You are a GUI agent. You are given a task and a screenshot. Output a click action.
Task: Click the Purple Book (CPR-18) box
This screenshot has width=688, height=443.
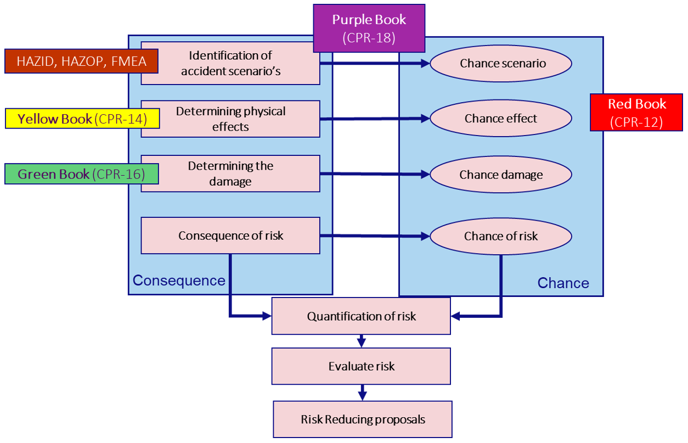pyautogui.click(x=369, y=29)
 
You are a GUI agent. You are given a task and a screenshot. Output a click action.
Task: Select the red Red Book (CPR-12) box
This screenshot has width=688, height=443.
pyautogui.click(x=636, y=113)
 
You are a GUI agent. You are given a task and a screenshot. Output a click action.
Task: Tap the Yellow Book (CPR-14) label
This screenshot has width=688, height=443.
pyautogui.click(x=82, y=119)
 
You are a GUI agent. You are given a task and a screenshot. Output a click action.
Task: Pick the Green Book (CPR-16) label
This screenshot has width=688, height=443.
pyautogui.click(x=81, y=174)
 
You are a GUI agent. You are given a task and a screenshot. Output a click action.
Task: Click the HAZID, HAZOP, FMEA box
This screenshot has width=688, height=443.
pyautogui.click(x=81, y=61)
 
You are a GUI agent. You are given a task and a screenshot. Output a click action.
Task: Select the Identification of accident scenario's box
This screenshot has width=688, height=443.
pyautogui.click(x=230, y=63)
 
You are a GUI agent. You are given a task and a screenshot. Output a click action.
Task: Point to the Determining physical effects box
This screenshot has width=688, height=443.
pyautogui.click(x=230, y=119)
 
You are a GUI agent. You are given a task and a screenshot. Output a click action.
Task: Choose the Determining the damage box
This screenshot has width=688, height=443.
pyautogui.click(x=230, y=173)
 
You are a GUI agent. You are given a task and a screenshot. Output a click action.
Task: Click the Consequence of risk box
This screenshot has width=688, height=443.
pyautogui.click(x=230, y=235)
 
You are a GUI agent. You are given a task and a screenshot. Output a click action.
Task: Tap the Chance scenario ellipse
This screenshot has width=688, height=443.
pyautogui.click(x=501, y=63)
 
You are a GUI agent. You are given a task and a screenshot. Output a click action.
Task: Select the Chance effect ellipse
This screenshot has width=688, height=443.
pyautogui.click(x=501, y=118)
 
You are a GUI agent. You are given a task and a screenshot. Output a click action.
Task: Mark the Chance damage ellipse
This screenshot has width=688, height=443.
pyautogui.click(x=501, y=175)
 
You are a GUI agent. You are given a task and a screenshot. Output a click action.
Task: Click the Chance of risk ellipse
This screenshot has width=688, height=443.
pyautogui.click(x=501, y=236)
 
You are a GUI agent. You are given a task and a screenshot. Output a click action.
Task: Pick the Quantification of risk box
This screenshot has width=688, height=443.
pyautogui.click(x=361, y=316)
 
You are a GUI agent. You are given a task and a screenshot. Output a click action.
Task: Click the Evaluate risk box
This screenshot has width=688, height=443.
pyautogui.click(x=361, y=366)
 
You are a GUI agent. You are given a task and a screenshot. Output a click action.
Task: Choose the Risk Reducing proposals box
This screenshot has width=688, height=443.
pyautogui.click(x=363, y=419)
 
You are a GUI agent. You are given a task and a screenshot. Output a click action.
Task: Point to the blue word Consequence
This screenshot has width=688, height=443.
pyautogui.click(x=179, y=281)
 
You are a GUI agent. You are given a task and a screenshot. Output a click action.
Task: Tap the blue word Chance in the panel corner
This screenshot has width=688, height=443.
pyautogui.click(x=563, y=283)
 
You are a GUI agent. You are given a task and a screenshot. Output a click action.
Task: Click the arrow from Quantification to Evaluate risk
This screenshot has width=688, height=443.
pyautogui.click(x=361, y=341)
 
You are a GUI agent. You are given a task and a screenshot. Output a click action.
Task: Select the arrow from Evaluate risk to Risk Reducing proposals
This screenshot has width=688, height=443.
pyautogui.click(x=362, y=392)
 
